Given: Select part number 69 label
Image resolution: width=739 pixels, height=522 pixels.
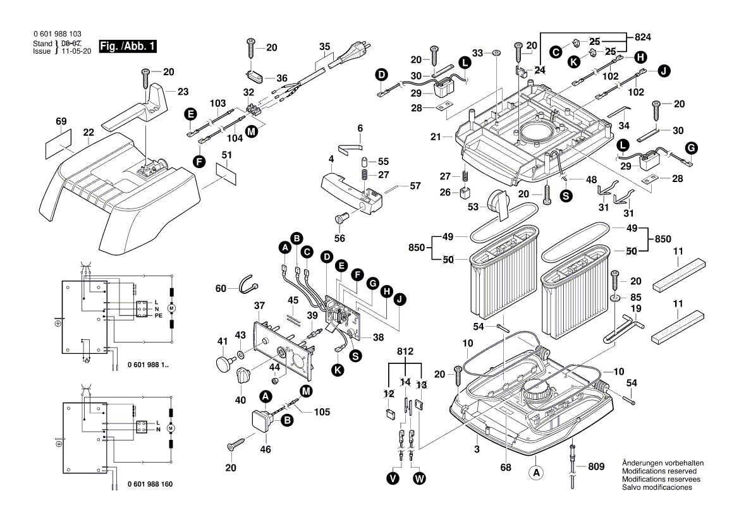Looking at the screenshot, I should tap(61, 121).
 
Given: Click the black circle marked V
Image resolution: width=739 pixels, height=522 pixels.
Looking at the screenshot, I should tap(394, 478).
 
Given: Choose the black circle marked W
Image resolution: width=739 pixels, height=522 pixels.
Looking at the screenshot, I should tap(419, 478).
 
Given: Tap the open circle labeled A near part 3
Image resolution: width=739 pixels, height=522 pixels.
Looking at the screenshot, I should tap(537, 471).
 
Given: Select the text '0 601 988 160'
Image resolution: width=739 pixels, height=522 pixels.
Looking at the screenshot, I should tap(150, 484).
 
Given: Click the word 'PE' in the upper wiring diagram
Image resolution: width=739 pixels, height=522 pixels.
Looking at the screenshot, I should tap(159, 315).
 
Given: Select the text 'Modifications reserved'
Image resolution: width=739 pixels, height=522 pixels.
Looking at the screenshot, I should tap(659, 471).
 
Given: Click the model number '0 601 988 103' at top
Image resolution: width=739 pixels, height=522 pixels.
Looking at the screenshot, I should tap(56, 34).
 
